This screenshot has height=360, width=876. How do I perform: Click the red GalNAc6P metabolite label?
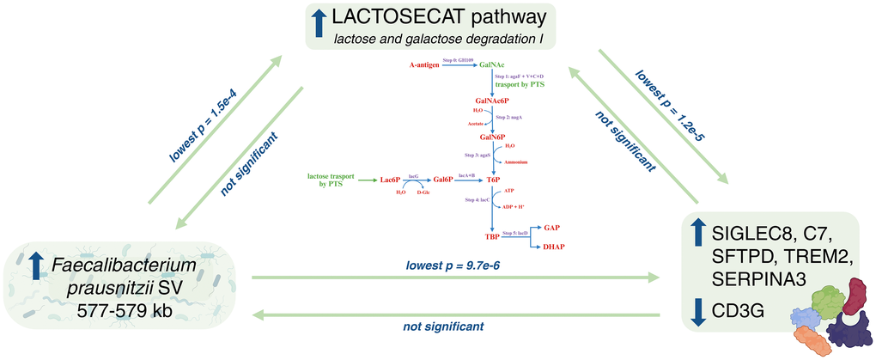(x=493, y=101)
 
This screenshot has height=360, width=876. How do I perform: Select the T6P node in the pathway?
(x=493, y=180)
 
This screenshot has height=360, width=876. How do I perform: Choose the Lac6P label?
(x=392, y=180)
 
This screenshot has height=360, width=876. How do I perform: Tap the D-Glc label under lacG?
(x=423, y=193)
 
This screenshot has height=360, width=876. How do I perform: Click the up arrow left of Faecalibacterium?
(x=35, y=265)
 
